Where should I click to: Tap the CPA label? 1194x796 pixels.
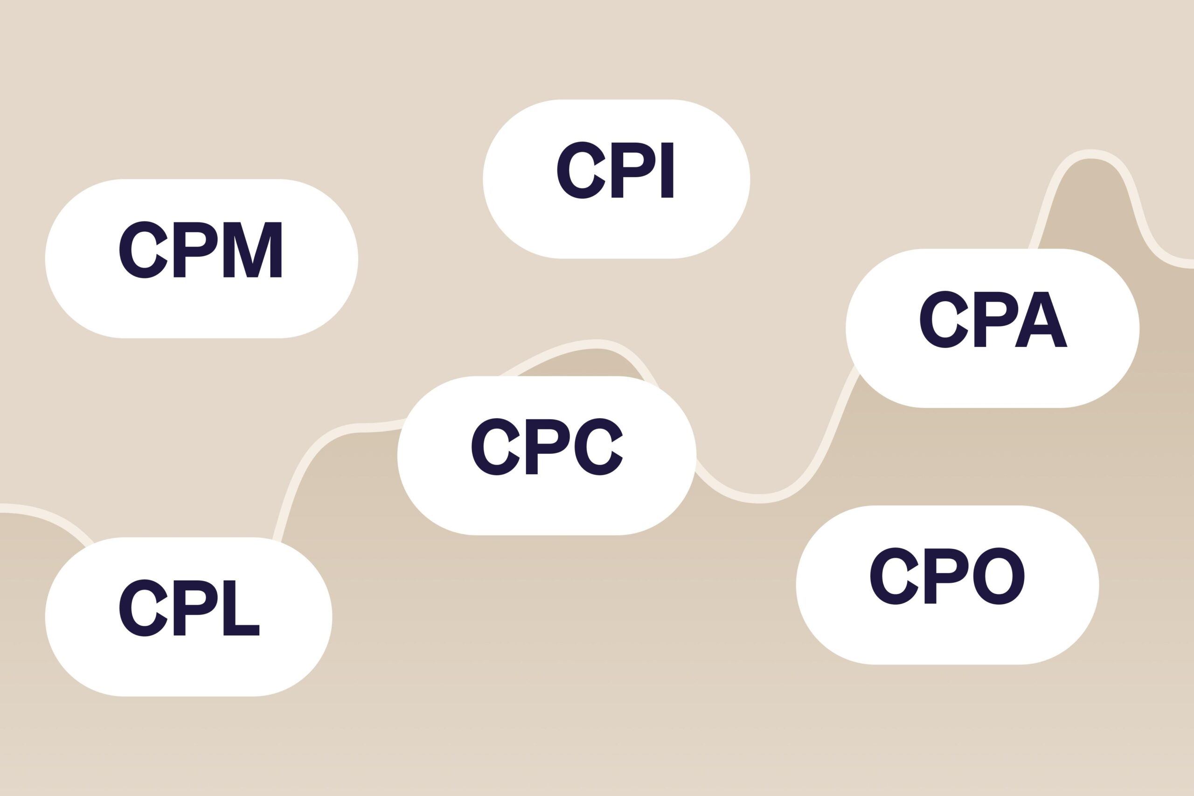tap(994, 319)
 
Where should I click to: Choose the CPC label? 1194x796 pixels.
tap(547, 447)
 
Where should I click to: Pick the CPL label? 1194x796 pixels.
tap(189, 608)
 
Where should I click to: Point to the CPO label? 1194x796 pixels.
tap(947, 576)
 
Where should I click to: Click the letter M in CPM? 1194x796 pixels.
tap(252, 250)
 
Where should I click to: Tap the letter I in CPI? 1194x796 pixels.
tap(667, 170)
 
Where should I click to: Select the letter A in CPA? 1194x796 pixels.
tap(1041, 320)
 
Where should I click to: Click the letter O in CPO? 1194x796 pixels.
tap(999, 576)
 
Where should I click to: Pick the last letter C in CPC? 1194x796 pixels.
tap(598, 447)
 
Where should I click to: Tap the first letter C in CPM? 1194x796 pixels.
tap(143, 250)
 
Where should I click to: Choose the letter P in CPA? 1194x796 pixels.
tap(995, 319)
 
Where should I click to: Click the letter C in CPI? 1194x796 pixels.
tap(581, 170)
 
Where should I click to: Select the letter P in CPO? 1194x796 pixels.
tap(945, 576)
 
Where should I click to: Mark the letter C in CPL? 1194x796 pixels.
tap(143, 608)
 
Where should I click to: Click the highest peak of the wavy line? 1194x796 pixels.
tap(1090, 154)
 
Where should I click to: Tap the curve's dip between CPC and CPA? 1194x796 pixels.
tap(760, 498)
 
